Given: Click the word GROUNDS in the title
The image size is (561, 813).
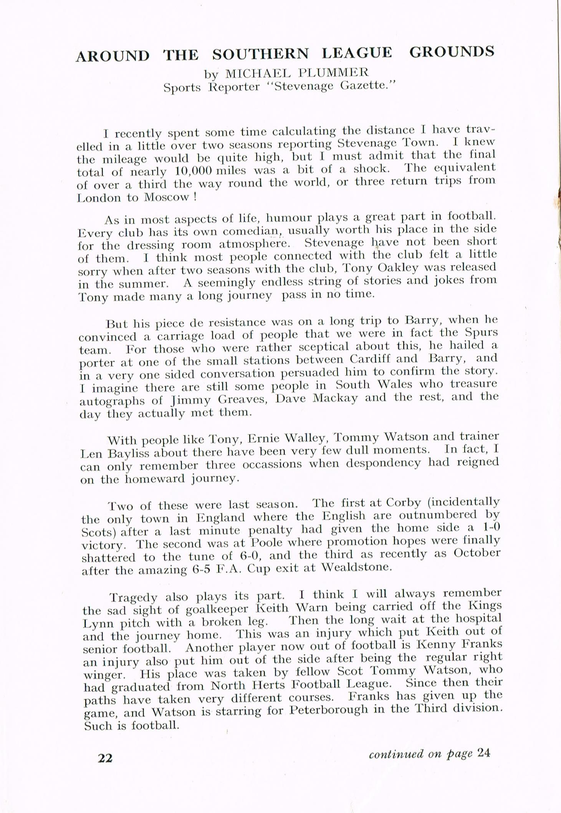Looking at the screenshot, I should [452, 52].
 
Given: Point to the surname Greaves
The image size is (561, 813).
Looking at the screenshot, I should [242, 400].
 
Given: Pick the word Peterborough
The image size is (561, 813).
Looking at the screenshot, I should [329, 709].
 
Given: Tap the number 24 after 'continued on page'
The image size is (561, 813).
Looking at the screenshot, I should [483, 753].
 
